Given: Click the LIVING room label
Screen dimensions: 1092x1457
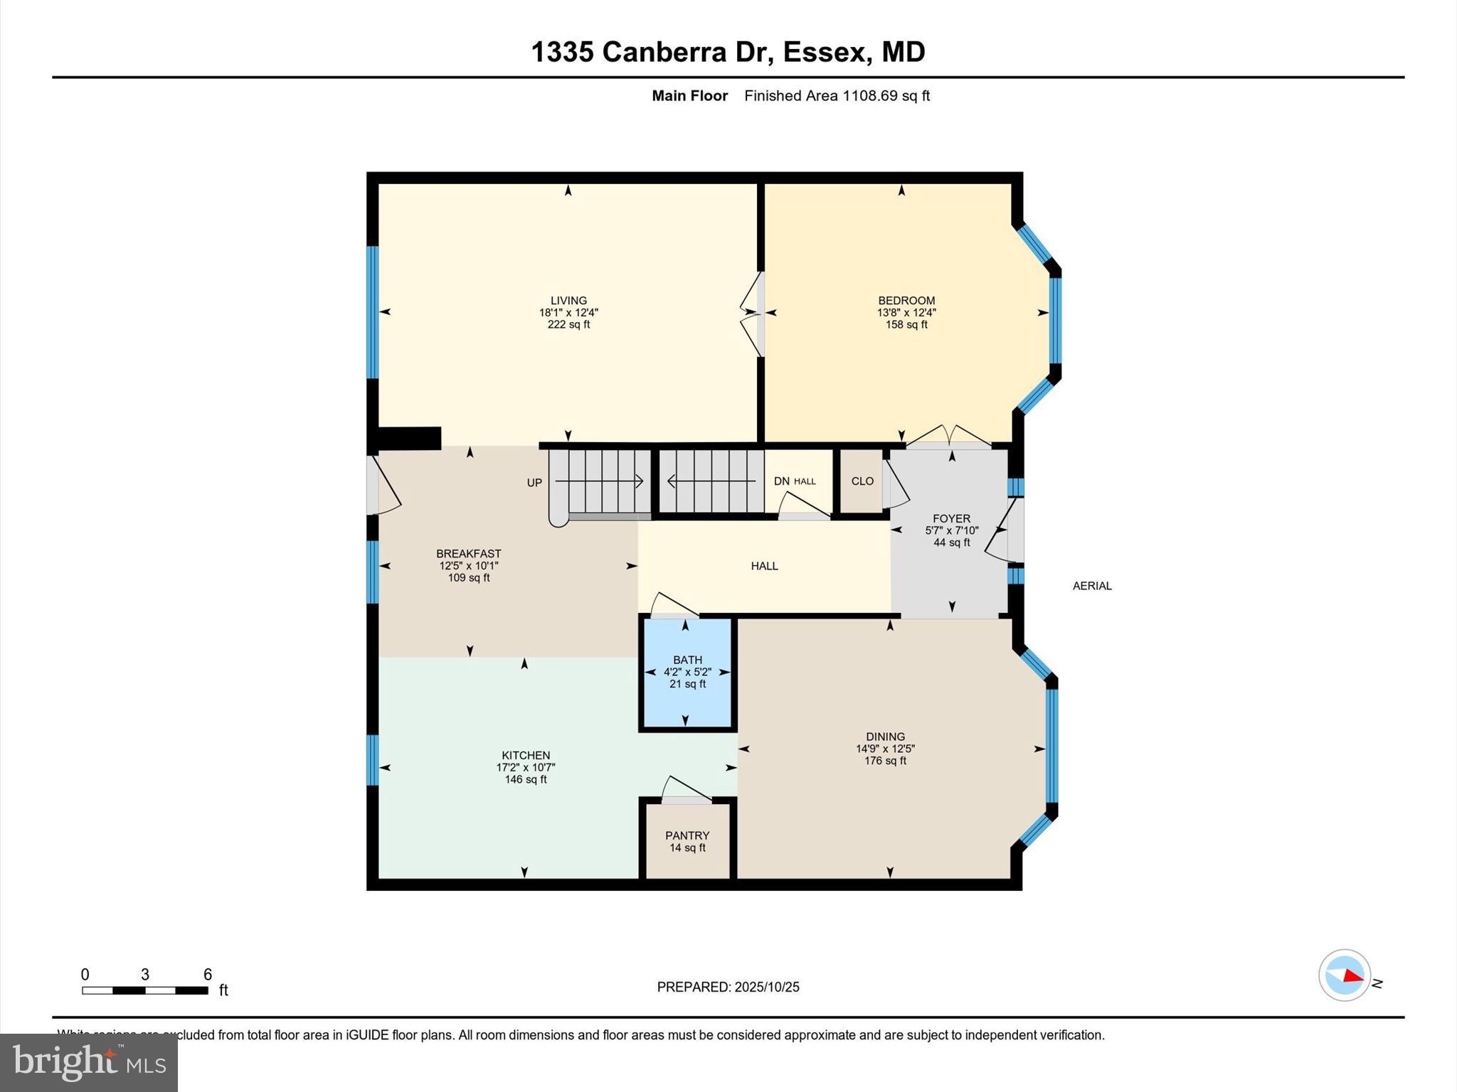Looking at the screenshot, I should click(x=568, y=301).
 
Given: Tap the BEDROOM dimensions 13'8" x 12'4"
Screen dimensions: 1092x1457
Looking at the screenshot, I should click(x=906, y=313).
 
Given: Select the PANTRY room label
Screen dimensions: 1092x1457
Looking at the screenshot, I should click(x=687, y=835).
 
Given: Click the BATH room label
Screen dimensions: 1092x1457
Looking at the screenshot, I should click(x=687, y=660).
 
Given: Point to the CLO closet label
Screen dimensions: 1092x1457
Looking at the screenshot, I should click(x=862, y=481).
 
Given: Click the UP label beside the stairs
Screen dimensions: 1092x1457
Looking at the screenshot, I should click(x=534, y=483).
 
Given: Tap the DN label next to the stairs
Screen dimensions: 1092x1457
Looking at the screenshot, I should click(x=781, y=481).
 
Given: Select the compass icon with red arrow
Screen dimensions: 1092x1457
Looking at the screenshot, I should click(x=1344, y=975).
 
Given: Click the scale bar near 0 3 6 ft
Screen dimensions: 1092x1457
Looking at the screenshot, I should click(x=144, y=990).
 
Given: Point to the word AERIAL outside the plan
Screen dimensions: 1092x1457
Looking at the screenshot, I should click(x=1092, y=586).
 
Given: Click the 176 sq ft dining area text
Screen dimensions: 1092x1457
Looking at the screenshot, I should click(x=885, y=761).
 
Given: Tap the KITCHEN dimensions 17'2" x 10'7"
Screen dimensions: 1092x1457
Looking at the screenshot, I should click(x=525, y=768).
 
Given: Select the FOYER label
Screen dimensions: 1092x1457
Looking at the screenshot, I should click(x=951, y=519).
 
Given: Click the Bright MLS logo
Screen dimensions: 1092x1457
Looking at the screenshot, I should click(x=89, y=1062).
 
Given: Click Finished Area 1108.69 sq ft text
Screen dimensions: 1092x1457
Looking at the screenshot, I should click(x=837, y=96).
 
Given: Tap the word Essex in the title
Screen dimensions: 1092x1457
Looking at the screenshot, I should click(x=825, y=52).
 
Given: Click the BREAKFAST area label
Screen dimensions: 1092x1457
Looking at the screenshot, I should click(x=468, y=554).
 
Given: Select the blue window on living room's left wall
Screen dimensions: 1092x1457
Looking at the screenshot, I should click(x=372, y=311).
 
